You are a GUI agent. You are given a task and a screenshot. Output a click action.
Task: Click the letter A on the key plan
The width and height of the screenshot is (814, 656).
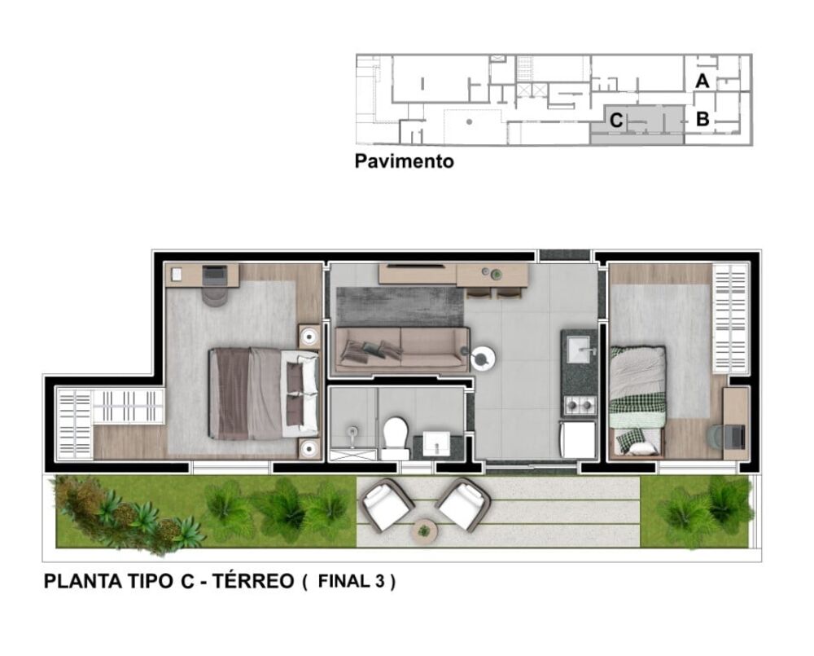pyautogui.click(x=702, y=81)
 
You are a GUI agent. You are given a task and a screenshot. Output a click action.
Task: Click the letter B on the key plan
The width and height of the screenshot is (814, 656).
pyautogui.click(x=702, y=119)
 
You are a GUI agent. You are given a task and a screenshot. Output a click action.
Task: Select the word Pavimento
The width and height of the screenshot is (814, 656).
pyautogui.click(x=404, y=161)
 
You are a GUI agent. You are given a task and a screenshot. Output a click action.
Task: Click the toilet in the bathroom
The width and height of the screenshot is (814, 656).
pyautogui.click(x=396, y=437)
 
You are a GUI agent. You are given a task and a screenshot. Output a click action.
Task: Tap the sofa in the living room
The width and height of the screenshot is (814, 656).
pyautogui.click(x=402, y=347)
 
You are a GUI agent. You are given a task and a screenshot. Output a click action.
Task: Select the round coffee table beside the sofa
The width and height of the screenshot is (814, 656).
pyautogui.click(x=482, y=356)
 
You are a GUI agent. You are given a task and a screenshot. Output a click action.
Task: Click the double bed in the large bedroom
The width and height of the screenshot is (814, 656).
pyautogui.click(x=263, y=393)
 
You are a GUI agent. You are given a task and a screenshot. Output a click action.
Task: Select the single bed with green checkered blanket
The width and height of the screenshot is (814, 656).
pyautogui.click(x=637, y=399)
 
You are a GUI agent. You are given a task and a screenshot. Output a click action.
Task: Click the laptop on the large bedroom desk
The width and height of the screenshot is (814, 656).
pyautogui.click(x=215, y=275)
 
